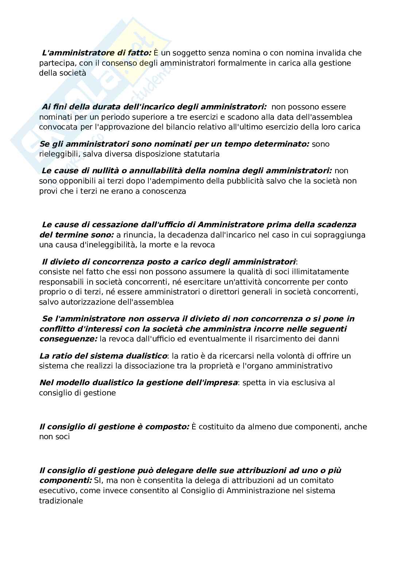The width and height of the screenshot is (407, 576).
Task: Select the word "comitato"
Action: (317, 480)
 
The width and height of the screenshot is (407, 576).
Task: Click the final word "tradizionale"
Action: (61, 501)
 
